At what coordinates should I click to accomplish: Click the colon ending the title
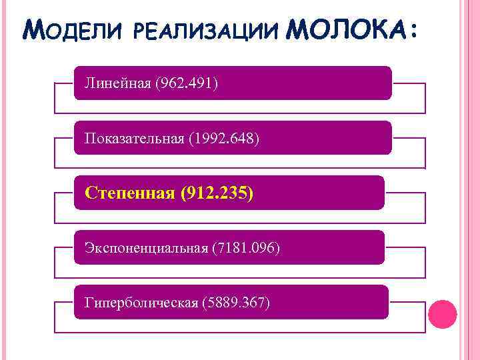(416, 32)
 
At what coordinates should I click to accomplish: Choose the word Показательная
(133, 139)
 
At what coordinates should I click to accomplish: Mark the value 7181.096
(245, 248)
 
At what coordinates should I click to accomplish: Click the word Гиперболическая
(141, 303)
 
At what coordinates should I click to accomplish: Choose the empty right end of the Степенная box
(333, 193)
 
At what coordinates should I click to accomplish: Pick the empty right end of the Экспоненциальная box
(340, 247)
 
